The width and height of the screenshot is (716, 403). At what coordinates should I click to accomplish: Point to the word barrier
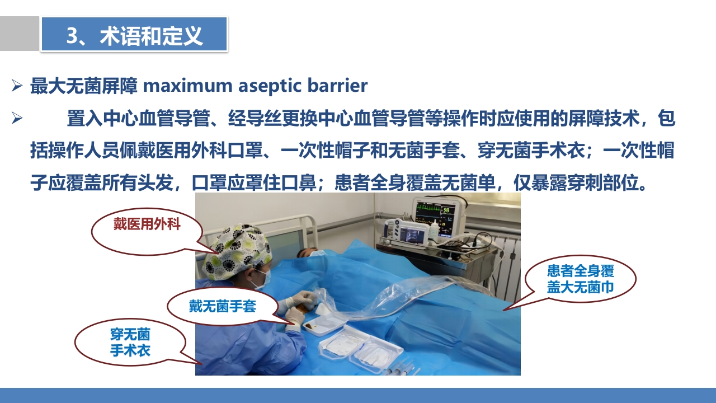tap(337, 86)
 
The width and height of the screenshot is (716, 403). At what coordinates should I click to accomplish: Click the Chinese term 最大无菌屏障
tap(84, 86)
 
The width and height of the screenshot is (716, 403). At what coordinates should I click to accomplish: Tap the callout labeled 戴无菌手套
tap(222, 306)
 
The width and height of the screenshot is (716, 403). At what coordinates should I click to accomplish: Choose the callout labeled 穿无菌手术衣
tap(130, 343)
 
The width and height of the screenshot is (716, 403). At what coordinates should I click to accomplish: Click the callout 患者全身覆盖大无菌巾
tap(581, 279)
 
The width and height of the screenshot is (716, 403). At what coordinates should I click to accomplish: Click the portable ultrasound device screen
tap(409, 231)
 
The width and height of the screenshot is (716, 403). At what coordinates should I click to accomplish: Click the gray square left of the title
tap(19, 34)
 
